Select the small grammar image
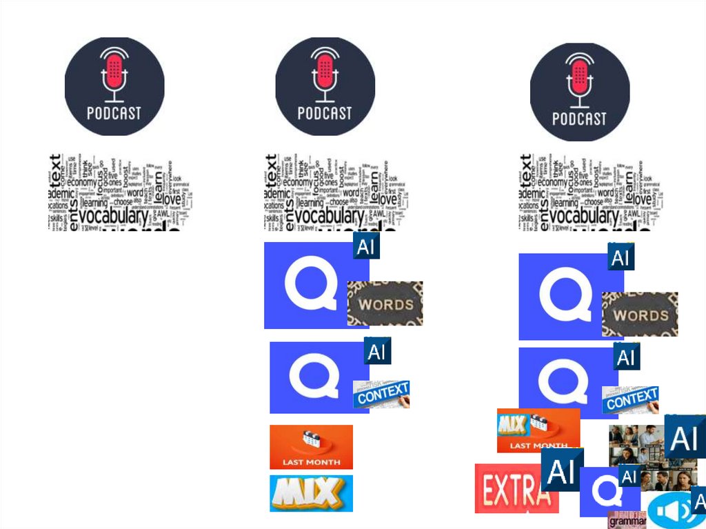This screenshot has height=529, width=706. point(627,521)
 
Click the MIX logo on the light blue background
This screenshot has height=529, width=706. point(311,493)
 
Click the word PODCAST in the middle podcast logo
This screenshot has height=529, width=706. point(325,113)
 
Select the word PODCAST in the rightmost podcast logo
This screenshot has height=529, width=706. point(579,119)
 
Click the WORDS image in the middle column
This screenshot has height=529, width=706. point(385,303)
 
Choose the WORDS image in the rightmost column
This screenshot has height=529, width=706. point(640,315)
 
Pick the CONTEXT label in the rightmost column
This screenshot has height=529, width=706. point(631,399)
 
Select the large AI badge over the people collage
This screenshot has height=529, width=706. point(685,437)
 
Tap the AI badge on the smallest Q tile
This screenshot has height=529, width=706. point(629,477)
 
